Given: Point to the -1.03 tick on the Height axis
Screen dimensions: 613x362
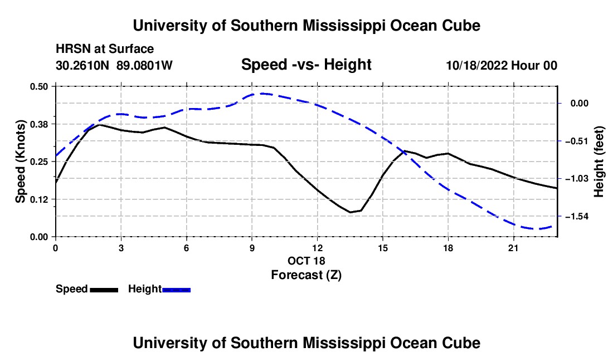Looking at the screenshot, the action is (x=576, y=178).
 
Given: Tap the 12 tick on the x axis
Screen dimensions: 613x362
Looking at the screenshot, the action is (x=318, y=248).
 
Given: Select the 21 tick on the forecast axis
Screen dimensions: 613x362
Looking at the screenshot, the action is (x=513, y=248).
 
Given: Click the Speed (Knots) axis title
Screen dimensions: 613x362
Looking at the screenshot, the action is (x=20, y=162).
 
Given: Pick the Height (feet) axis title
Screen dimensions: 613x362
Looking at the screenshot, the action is (x=599, y=162).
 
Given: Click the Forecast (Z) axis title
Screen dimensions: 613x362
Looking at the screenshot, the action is (x=306, y=275).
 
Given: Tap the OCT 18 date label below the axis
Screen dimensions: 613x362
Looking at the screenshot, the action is (x=306, y=261).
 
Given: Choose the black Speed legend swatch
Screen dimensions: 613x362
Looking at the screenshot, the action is (x=104, y=290).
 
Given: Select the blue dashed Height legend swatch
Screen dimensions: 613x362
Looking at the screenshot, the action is (x=176, y=290).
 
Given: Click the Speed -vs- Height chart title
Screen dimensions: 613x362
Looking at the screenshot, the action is (x=306, y=65).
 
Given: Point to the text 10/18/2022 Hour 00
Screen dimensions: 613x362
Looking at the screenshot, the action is (x=502, y=65).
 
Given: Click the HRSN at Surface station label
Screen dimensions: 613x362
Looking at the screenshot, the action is (x=105, y=49).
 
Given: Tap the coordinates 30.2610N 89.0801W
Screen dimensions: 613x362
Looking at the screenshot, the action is (x=114, y=65).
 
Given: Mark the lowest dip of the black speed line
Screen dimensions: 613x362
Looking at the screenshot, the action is (x=351, y=212).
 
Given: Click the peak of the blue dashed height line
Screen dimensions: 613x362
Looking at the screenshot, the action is (x=262, y=94).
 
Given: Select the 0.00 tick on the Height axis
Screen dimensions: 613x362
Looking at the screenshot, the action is (x=580, y=103).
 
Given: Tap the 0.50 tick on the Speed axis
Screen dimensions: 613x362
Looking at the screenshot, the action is (x=38, y=86).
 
